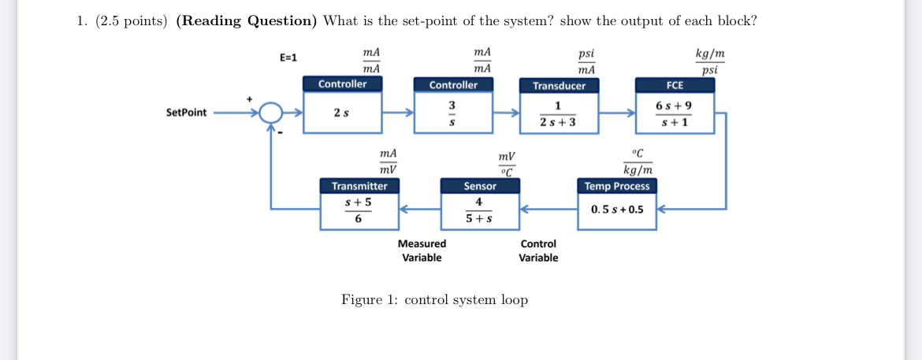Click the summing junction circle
270,113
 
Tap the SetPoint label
187,113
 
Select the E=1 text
288,58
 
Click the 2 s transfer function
342,113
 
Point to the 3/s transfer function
452,113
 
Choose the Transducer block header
559,85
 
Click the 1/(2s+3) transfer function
558,114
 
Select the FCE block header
675,84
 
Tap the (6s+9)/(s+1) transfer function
675,113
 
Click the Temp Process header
617,186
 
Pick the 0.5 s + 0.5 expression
617,210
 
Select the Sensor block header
480,186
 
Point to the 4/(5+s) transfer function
479,210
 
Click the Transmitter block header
359,186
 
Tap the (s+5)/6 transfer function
359,210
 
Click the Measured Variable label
422,251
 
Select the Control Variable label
538,251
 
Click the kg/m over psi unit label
710,61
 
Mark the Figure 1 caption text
434,300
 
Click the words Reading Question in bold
246,21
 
